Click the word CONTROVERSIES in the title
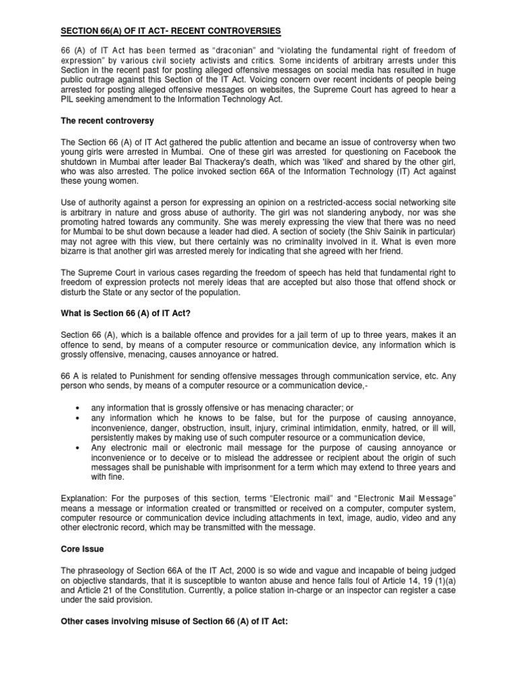click(236, 31)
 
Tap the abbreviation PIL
click(70, 101)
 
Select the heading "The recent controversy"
click(106, 120)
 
